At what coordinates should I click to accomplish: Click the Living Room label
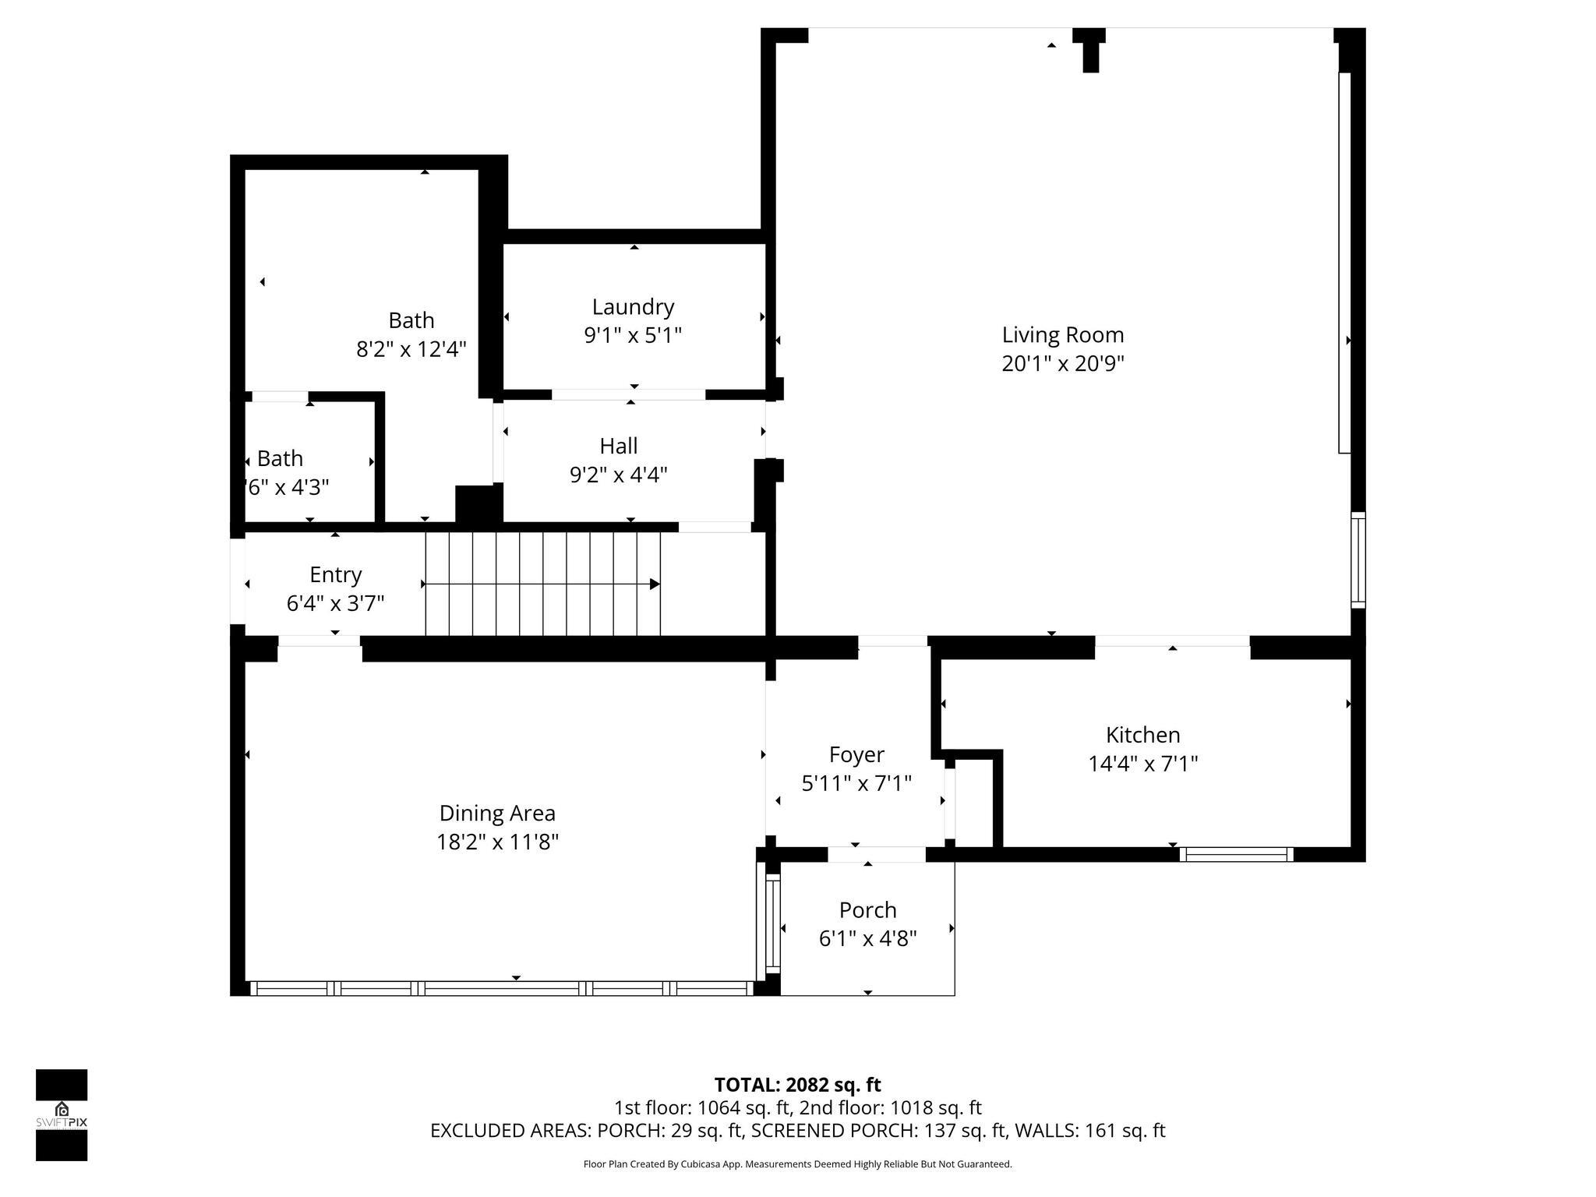pyautogui.click(x=1062, y=335)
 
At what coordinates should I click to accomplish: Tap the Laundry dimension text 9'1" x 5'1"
pyautogui.click(x=632, y=336)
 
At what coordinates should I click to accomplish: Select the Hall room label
pyautogui.click(x=618, y=446)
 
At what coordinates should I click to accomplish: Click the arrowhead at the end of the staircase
pyautogui.click(x=655, y=584)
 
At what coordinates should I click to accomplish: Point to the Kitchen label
pyautogui.click(x=1142, y=735)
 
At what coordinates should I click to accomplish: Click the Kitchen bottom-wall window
pyautogui.click(x=1236, y=854)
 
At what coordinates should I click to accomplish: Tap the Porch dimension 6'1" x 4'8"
pyautogui.click(x=867, y=938)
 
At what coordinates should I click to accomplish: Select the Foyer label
pyautogui.click(x=856, y=754)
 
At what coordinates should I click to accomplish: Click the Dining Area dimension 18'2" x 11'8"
pyautogui.click(x=497, y=842)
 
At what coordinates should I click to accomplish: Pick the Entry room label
pyautogui.click(x=335, y=574)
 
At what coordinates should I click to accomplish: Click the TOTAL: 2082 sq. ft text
pyautogui.click(x=797, y=1085)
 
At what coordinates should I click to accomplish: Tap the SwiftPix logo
pyautogui.click(x=62, y=1114)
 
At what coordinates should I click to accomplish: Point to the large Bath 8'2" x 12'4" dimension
pyautogui.click(x=411, y=349)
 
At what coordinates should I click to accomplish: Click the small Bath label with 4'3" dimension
pyautogui.click(x=280, y=458)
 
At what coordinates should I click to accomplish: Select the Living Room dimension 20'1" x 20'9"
pyautogui.click(x=1062, y=364)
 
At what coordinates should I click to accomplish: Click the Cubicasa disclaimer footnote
pyautogui.click(x=797, y=1164)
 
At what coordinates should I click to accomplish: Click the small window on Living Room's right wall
pyautogui.click(x=1358, y=560)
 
